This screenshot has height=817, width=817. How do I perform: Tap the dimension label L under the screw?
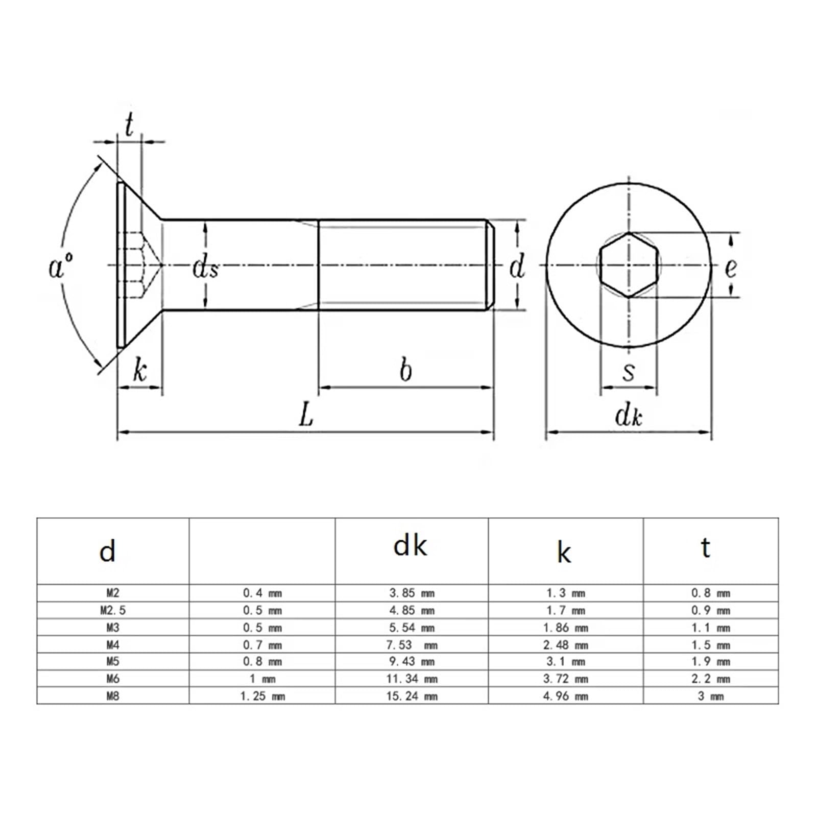pyautogui.click(x=306, y=414)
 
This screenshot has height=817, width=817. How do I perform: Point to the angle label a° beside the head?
pyautogui.click(x=60, y=267)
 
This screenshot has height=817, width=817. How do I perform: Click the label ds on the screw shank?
pyautogui.click(x=206, y=267)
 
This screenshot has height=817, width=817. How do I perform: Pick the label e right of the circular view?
pyautogui.click(x=731, y=267)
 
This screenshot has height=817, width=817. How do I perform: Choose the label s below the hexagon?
pyautogui.click(x=629, y=372)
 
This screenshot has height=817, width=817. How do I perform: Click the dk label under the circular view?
pyautogui.click(x=629, y=416)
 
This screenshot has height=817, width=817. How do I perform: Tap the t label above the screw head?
pyautogui.click(x=129, y=124)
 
